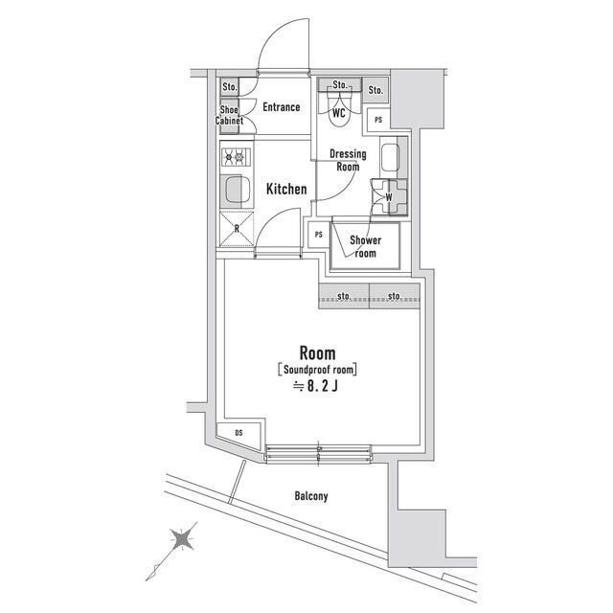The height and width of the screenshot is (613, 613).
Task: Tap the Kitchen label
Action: pyautogui.click(x=285, y=189)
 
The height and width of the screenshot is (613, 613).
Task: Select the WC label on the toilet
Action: pyautogui.click(x=338, y=112)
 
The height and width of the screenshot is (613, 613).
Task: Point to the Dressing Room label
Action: pyautogui.click(x=347, y=160)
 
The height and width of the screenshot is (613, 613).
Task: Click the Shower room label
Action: pyautogui.click(x=365, y=246)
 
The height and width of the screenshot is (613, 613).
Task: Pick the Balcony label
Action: pyautogui.click(x=311, y=496)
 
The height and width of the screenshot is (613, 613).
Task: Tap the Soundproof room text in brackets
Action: pyautogui.click(x=317, y=369)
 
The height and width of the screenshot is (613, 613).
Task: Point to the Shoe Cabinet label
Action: pyautogui.click(x=231, y=116)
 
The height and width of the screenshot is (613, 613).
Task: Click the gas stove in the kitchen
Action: pyautogui.click(x=235, y=156)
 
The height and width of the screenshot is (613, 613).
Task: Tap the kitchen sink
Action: pyautogui.click(x=235, y=190)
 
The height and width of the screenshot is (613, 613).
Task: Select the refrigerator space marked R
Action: pyautogui.click(x=236, y=227)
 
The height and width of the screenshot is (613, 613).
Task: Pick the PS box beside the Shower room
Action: pyautogui.click(x=317, y=234)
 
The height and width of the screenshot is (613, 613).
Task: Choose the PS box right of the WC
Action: pyautogui.click(x=378, y=120)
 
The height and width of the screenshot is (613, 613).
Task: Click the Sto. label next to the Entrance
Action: pyautogui.click(x=230, y=87)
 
